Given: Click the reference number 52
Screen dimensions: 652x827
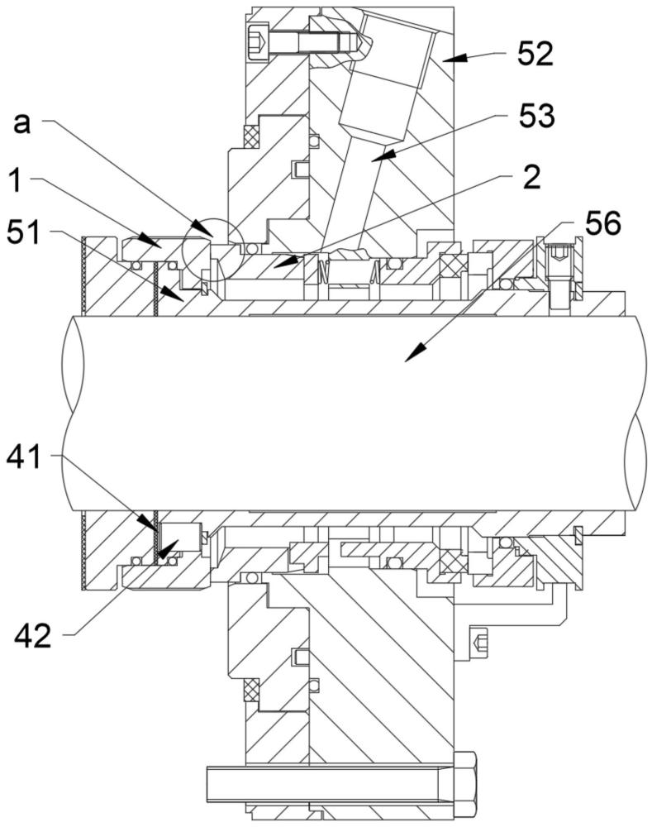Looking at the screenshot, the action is click(535, 54).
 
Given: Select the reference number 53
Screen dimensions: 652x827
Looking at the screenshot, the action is click(536, 116).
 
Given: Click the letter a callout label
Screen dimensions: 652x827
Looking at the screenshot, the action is click(21, 125).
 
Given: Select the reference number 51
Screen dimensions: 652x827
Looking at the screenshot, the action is click(24, 232).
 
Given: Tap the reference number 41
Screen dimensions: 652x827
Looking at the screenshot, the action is click(24, 457).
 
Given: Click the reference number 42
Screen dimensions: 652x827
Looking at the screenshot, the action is click(33, 637).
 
